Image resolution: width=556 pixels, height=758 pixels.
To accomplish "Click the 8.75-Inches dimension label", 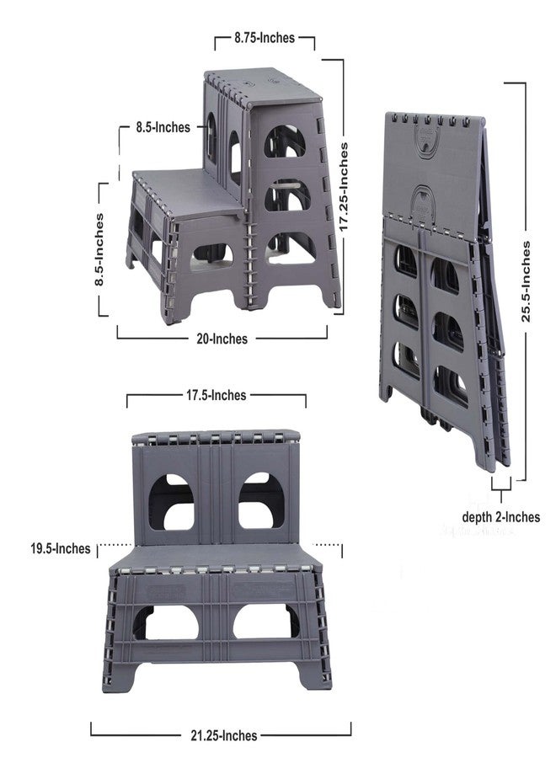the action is [265, 38].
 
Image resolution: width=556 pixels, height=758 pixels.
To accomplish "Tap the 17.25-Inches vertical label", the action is [343, 187].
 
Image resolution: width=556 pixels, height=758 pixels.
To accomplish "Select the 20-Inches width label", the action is [222, 339].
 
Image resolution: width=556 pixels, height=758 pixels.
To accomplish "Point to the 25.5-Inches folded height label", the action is [526, 281].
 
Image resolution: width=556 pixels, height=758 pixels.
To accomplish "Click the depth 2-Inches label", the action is [501, 517].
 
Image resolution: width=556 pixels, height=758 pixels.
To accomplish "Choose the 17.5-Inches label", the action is [217, 395].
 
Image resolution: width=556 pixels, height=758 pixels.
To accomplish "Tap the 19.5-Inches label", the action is [61, 548].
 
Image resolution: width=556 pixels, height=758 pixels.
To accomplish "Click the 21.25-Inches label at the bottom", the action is [224, 736].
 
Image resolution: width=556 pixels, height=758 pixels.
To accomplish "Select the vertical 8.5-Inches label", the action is [99, 249].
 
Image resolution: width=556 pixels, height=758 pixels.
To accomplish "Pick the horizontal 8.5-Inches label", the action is [163, 127].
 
